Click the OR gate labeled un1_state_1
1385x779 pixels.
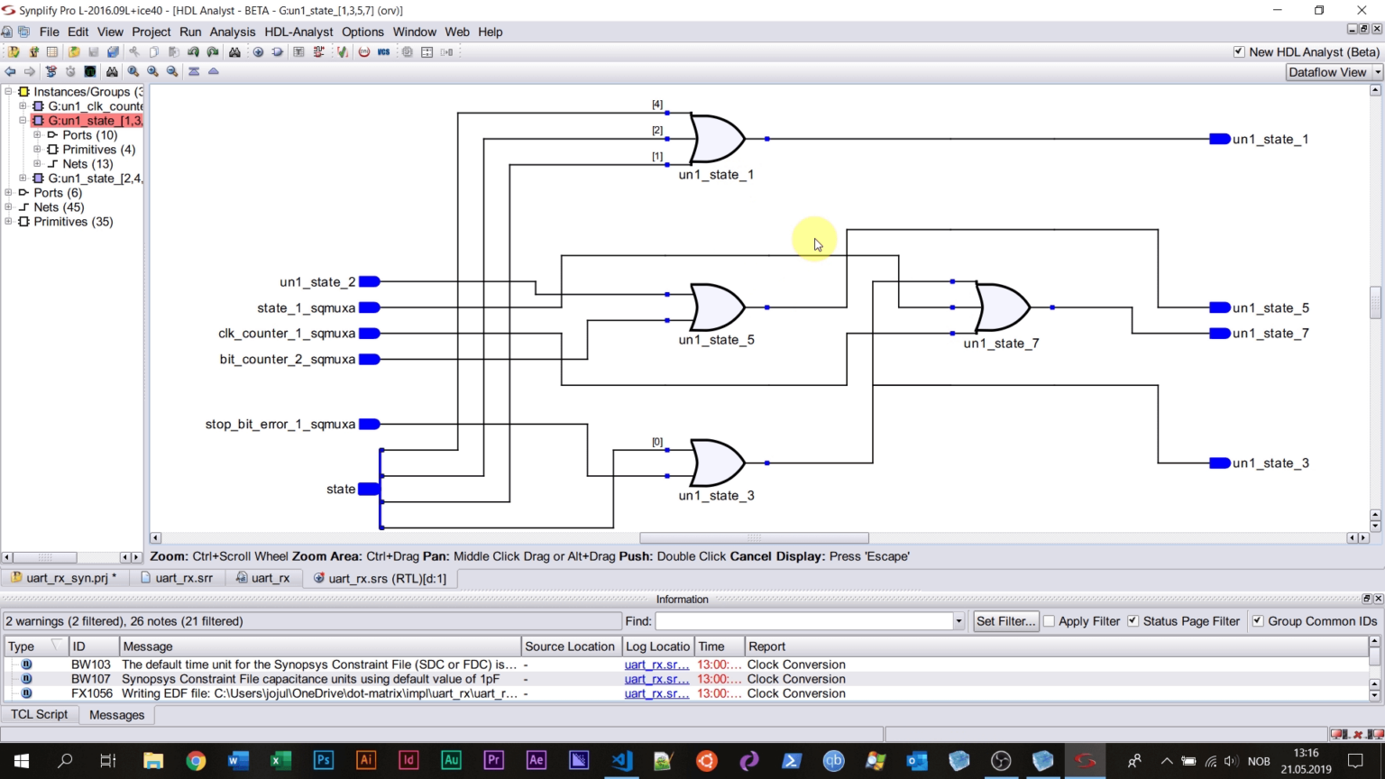coord(718,139)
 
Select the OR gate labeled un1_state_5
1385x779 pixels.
coord(718,307)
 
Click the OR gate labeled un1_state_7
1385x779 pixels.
coord(1003,307)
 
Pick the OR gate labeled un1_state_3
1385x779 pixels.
coord(718,463)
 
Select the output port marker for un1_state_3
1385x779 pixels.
coord(1219,463)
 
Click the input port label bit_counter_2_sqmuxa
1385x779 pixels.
coord(287,359)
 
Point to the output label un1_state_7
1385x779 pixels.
coord(1270,334)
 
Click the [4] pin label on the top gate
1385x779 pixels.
coord(657,105)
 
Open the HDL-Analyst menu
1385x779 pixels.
coord(298,32)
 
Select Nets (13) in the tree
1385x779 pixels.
coord(87,164)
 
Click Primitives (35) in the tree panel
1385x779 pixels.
coord(73,222)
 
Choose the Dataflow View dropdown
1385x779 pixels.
coord(1333,72)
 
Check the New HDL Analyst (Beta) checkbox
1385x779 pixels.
coord(1239,52)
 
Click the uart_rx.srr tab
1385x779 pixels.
coord(183,578)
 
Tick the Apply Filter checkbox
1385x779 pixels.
coord(1049,621)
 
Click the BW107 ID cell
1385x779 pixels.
coord(91,679)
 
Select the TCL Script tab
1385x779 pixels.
coord(39,714)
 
